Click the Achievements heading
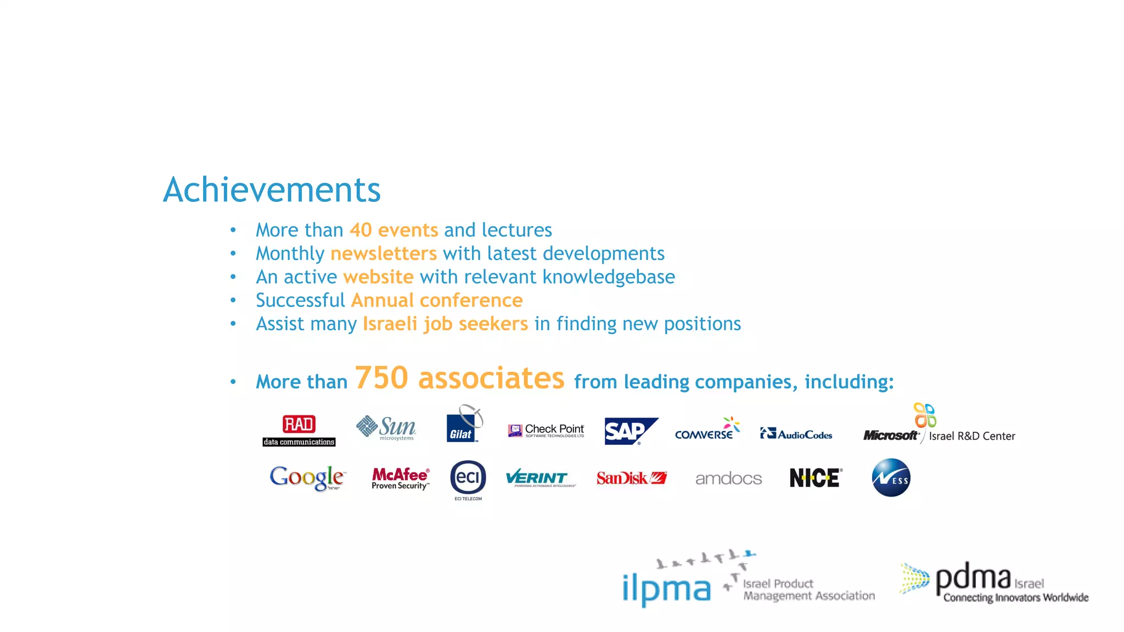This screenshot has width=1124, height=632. [x=272, y=190]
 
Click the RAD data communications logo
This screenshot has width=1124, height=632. [x=299, y=431]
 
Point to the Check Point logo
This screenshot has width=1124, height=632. [x=546, y=431]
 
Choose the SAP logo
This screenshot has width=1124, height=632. [x=630, y=431]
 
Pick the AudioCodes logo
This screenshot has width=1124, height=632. [x=796, y=434]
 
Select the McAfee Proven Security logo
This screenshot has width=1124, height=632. [x=401, y=478]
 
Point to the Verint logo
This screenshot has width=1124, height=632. [x=540, y=478]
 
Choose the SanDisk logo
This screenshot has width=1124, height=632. [x=631, y=478]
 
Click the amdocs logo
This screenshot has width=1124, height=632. [x=728, y=479]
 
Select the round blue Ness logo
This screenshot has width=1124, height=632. [x=891, y=478]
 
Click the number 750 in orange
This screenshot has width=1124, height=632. [x=382, y=378]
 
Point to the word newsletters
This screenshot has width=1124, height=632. [x=384, y=253]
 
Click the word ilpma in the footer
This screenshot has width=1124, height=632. [x=666, y=589]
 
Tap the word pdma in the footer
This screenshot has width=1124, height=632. [x=973, y=578]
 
